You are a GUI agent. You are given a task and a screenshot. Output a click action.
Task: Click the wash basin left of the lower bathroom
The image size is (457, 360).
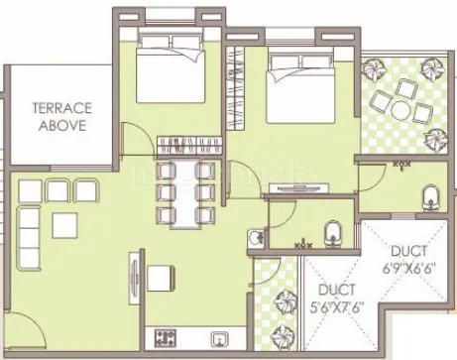(x=256, y=237)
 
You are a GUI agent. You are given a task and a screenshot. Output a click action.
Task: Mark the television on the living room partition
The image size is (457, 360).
(x=131, y=273)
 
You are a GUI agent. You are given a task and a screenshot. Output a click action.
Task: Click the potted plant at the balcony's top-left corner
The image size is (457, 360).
(x=377, y=70)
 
